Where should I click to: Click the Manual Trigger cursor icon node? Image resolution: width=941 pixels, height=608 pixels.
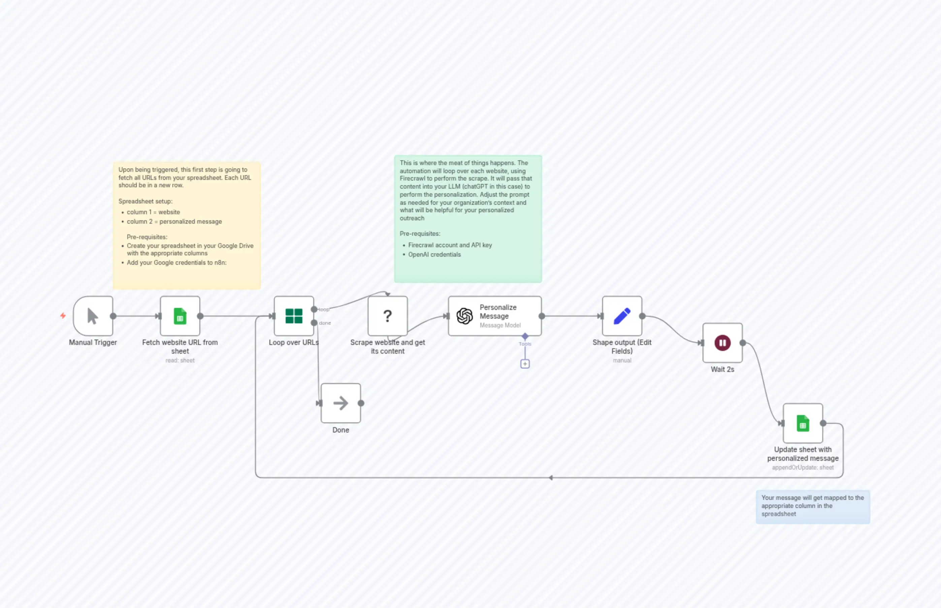pyautogui.click(x=93, y=316)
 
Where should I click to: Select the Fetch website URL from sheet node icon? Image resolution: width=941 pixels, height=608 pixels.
pyautogui.click(x=180, y=316)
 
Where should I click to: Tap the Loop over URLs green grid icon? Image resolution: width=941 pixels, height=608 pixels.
pyautogui.click(x=294, y=316)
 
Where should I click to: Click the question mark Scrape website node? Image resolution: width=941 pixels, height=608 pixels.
pyautogui.click(x=387, y=316)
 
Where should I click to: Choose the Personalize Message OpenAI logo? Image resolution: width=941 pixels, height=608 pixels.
pyautogui.click(x=464, y=316)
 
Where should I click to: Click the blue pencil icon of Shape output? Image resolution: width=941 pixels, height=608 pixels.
pyautogui.click(x=622, y=316)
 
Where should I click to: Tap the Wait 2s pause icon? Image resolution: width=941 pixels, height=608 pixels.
pyautogui.click(x=722, y=343)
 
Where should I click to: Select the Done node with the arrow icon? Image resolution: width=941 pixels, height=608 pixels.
pyautogui.click(x=340, y=403)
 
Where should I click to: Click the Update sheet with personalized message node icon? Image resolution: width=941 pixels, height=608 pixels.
pyautogui.click(x=803, y=423)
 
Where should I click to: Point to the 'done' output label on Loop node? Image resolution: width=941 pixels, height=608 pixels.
pyautogui.click(x=325, y=323)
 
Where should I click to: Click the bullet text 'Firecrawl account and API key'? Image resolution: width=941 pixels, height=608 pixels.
pyautogui.click(x=450, y=245)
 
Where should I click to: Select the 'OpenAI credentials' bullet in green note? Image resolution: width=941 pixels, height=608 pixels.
pyautogui.click(x=434, y=255)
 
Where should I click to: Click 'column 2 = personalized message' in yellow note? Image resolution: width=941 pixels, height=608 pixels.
pyautogui.click(x=174, y=222)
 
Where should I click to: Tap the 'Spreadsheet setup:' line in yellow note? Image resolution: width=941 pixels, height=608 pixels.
pyautogui.click(x=145, y=201)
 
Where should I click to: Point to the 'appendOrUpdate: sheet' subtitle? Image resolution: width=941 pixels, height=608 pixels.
pyautogui.click(x=803, y=468)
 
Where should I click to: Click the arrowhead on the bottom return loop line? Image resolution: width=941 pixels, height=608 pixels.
pyautogui.click(x=551, y=478)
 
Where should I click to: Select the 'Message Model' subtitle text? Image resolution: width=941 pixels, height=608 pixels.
pyautogui.click(x=500, y=325)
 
